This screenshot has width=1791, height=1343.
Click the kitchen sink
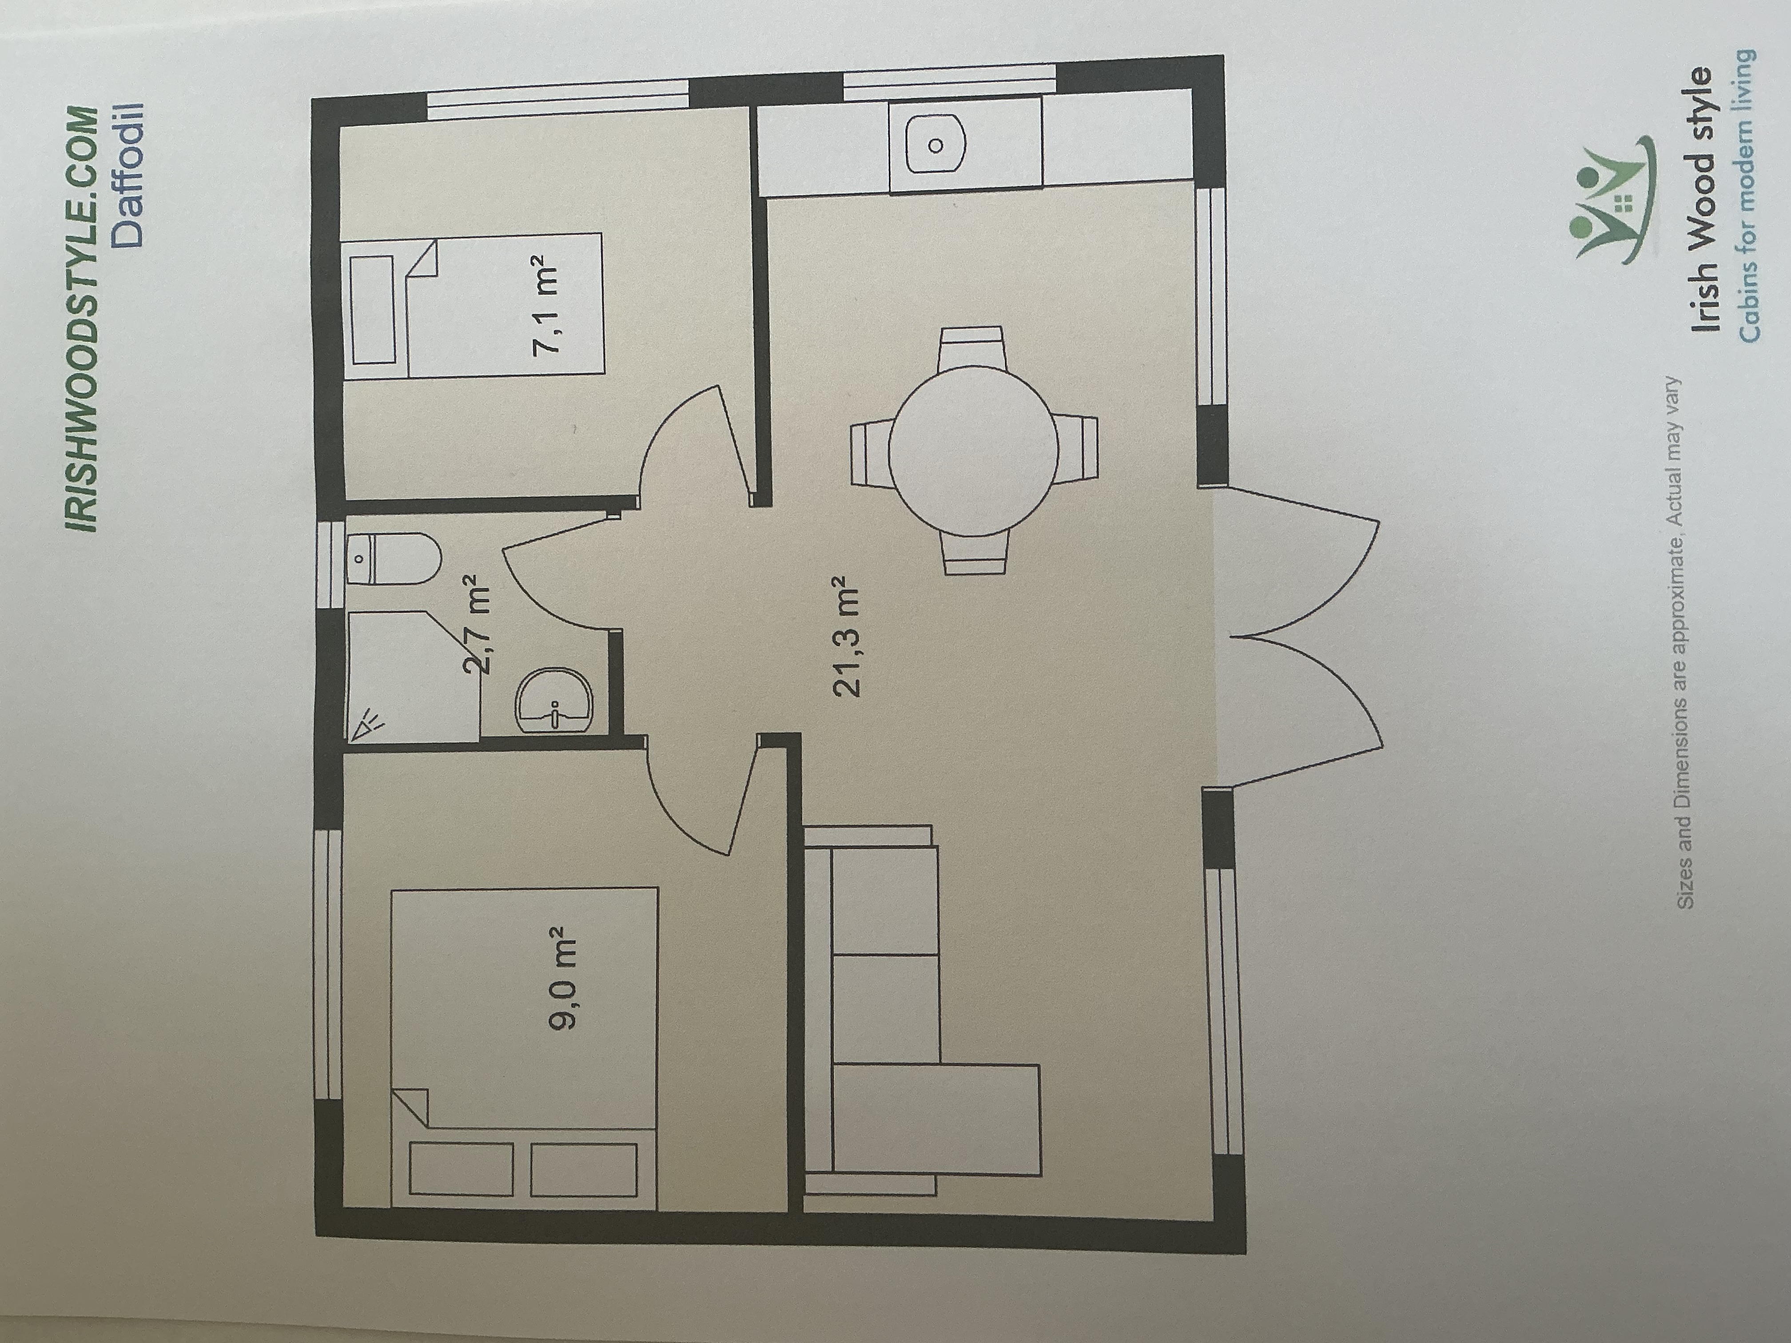[935, 146]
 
